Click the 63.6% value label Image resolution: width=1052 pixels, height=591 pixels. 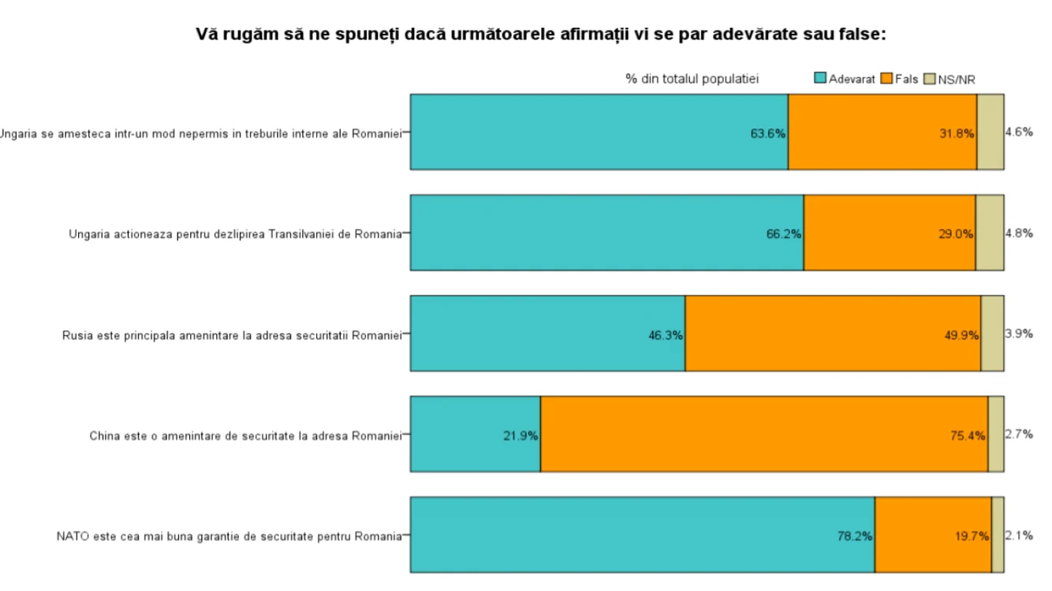(768, 134)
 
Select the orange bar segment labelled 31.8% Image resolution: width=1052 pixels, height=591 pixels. (882, 132)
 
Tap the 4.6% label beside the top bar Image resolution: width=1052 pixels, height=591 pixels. (1019, 132)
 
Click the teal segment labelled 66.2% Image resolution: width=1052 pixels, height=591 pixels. (606, 232)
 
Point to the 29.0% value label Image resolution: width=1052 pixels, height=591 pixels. (956, 234)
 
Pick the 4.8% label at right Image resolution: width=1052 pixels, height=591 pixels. (1019, 232)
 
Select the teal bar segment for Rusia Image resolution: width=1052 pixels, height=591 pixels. (547, 333)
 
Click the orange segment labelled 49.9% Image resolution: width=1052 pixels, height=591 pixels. (833, 333)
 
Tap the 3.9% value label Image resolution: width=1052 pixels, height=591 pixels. (1019, 334)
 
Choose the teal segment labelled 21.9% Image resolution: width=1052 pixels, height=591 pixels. (476, 434)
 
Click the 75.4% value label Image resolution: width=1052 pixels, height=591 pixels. (968, 436)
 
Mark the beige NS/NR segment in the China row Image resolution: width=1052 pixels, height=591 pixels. (996, 434)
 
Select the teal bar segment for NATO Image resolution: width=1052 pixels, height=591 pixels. (643, 535)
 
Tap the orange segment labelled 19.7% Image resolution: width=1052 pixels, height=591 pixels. (933, 535)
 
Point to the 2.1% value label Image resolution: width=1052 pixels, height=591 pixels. (1019, 535)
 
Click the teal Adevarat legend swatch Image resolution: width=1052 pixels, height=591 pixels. (820, 78)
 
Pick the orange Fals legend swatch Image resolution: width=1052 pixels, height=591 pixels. (886, 78)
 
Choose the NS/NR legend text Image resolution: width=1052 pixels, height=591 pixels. (957, 80)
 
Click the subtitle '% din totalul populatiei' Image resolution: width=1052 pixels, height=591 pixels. (692, 79)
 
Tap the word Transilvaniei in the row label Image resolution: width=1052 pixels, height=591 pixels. (301, 234)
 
